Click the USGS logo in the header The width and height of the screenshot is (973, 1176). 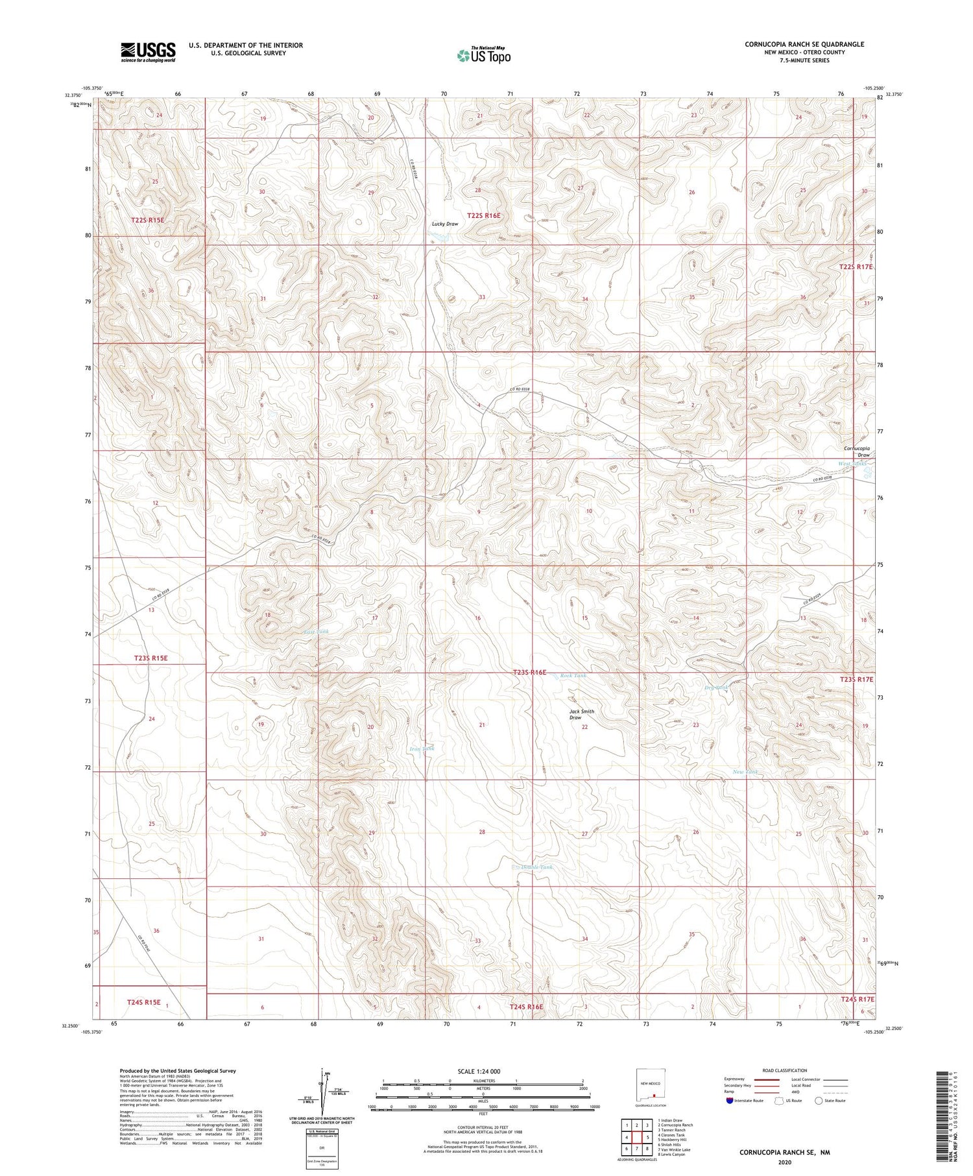148,52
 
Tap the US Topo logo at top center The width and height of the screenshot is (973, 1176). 483,55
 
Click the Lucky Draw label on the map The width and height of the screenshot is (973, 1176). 445,224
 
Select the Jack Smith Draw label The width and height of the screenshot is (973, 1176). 581,714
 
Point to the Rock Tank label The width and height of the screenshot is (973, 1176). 573,676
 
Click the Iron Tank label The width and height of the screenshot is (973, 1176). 422,749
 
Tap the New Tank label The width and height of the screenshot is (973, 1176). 745,772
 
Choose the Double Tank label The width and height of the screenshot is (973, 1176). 537,867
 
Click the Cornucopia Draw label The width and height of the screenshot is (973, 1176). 856,451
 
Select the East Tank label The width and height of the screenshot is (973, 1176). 317,631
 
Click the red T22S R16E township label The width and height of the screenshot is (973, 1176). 484,215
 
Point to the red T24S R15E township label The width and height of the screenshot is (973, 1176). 143,1002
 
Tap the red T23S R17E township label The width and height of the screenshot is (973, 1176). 852,679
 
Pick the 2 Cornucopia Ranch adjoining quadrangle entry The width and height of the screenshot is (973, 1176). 675,1125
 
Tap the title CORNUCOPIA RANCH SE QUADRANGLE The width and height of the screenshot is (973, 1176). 804,44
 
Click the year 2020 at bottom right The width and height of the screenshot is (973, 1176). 785,1162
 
